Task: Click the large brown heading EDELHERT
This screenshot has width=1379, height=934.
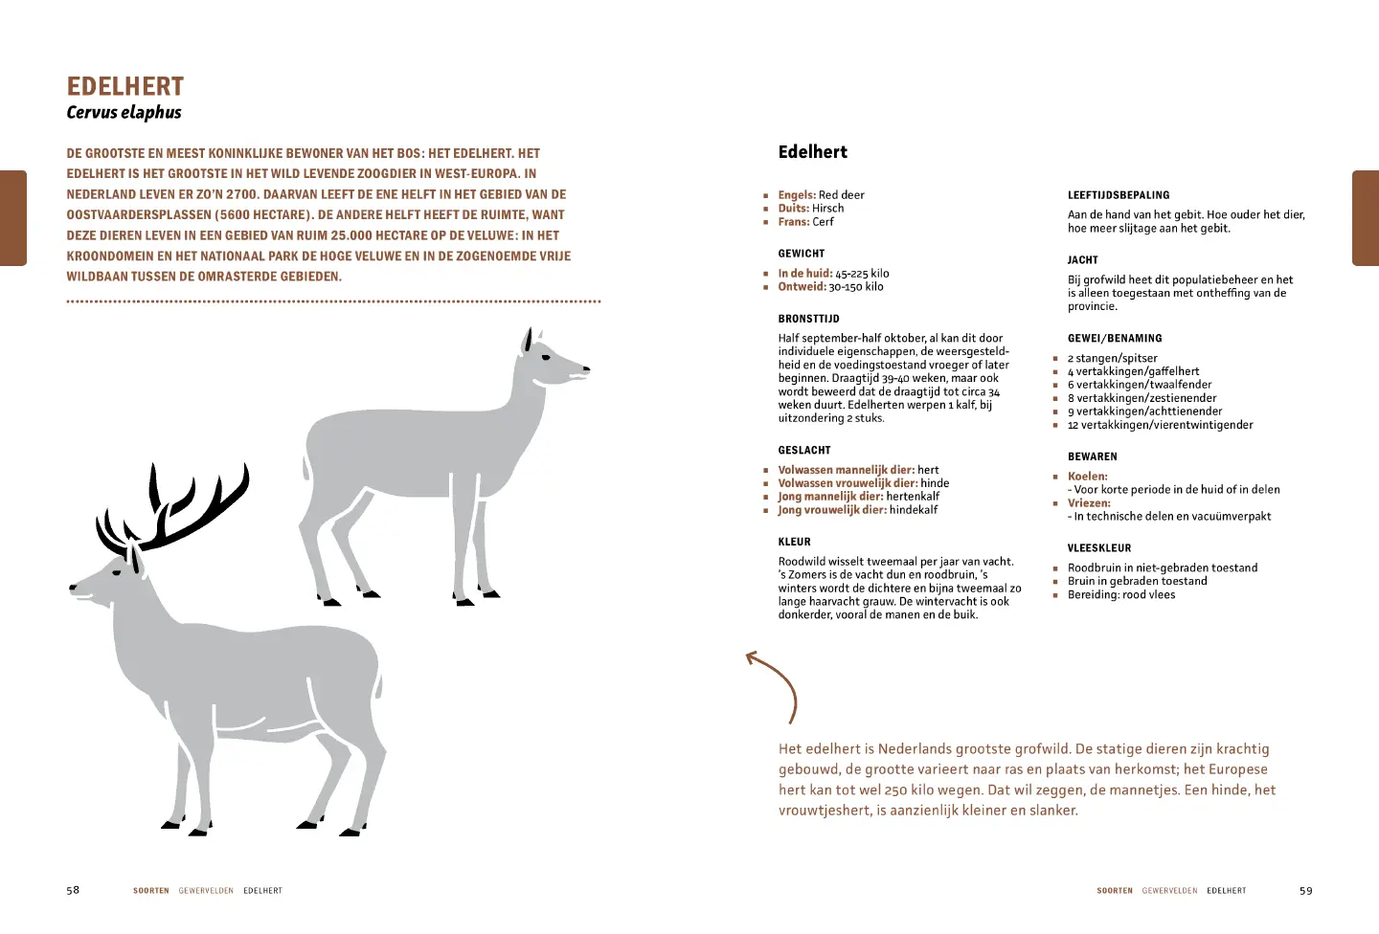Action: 124,87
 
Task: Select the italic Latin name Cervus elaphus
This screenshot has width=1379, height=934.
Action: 124,113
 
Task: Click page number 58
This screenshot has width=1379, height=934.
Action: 73,890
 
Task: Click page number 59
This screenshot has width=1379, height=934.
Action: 1306,890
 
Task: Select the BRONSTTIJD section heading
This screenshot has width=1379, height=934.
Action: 808,319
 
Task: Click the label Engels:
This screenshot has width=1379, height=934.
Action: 797,195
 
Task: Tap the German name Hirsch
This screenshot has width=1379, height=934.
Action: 828,209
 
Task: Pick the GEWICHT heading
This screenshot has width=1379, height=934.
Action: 802,254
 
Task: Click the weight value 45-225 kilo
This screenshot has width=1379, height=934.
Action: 862,274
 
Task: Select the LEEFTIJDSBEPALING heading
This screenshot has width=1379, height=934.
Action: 1119,195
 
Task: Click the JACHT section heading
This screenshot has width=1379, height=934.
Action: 1083,260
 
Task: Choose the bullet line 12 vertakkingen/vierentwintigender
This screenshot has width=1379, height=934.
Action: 1160,425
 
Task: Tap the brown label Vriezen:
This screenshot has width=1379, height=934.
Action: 1089,503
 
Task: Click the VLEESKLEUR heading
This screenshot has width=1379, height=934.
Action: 1099,548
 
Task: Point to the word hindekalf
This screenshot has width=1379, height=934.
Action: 914,510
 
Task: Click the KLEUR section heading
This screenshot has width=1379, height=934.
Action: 794,542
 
